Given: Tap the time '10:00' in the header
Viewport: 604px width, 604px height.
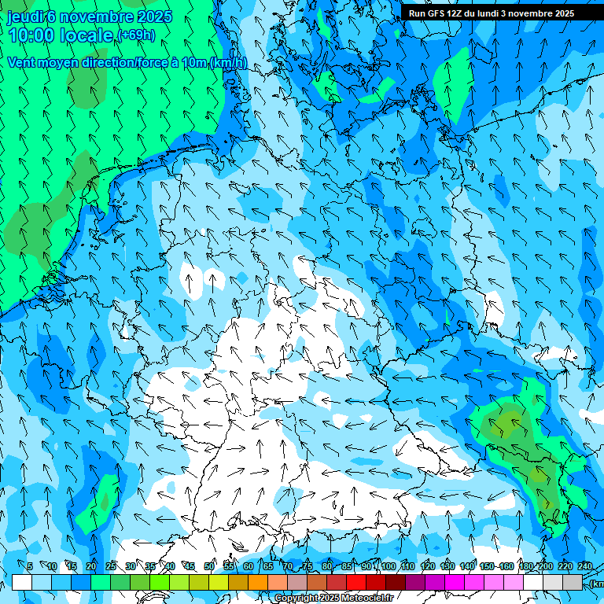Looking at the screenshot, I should [32, 35].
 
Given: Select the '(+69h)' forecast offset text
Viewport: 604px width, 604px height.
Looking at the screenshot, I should [135, 35].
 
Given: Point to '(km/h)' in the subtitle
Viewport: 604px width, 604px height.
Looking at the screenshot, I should [228, 63].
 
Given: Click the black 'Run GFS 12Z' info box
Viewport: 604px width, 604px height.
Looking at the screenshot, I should [492, 13].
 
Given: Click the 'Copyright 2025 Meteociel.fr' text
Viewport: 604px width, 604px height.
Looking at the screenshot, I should [333, 598].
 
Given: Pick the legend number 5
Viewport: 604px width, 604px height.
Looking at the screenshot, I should [30, 566].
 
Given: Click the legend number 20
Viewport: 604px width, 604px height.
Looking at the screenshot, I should [91, 566].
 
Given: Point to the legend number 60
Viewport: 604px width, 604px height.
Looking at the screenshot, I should [249, 566].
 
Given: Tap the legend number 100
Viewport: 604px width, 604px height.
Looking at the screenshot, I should [389, 566].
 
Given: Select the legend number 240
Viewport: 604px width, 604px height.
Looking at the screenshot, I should [585, 566].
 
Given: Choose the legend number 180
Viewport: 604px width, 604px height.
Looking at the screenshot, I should [525, 566].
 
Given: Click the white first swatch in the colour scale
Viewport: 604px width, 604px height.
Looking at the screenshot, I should [22, 582].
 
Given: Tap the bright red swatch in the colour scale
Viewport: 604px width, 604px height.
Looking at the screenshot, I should [356, 582].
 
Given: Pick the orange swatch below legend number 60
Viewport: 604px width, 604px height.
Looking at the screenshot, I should [258, 582].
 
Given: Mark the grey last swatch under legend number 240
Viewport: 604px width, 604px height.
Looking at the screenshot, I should [573, 582].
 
